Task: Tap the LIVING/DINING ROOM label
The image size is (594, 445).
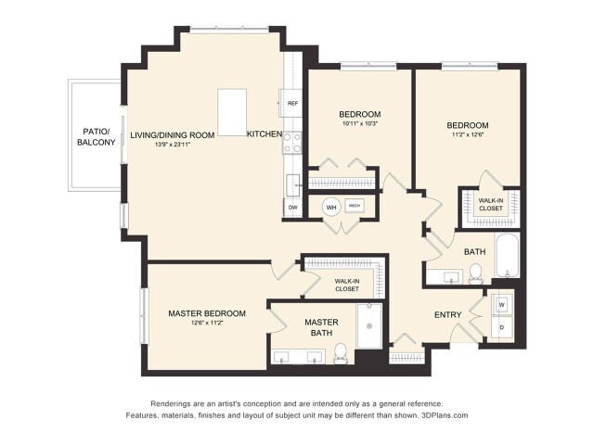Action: pyautogui.click(x=173, y=134)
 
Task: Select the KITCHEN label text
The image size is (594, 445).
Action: pyautogui.click(x=265, y=134)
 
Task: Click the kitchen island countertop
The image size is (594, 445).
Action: pyautogui.click(x=232, y=112)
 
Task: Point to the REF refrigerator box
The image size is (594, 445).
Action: pyautogui.click(x=292, y=103)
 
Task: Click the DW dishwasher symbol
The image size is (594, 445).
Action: pyautogui.click(x=292, y=208)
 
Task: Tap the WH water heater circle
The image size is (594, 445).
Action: pyautogui.click(x=331, y=208)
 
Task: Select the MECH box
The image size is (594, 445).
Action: pyautogui.click(x=355, y=206)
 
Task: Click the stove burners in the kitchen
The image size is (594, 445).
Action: pyautogui.click(x=292, y=142)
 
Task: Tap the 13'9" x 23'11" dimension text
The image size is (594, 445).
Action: pyautogui.click(x=173, y=145)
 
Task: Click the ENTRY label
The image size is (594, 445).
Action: pyautogui.click(x=448, y=315)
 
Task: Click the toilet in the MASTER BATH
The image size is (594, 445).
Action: pyautogui.click(x=341, y=352)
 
